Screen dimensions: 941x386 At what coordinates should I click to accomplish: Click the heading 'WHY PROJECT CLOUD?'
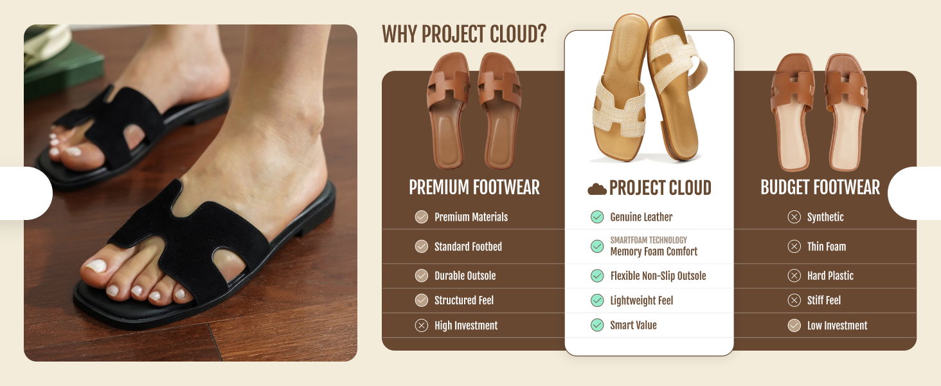click(464, 34)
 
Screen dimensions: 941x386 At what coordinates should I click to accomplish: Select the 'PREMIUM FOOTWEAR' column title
click(474, 188)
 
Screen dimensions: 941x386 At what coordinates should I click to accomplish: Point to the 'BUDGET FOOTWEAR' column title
click(820, 188)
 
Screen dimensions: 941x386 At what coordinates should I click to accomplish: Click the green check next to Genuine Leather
click(597, 217)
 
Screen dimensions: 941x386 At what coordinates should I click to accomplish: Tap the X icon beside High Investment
click(422, 326)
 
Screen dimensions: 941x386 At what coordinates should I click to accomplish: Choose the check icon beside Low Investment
click(794, 326)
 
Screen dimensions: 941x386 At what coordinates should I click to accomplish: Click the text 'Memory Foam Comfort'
click(654, 252)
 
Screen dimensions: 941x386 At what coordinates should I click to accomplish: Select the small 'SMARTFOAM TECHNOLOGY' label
click(649, 240)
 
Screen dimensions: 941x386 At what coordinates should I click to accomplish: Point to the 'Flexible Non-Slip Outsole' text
click(658, 276)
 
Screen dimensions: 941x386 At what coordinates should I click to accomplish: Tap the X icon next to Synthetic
click(794, 217)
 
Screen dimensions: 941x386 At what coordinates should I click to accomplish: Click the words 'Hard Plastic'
click(830, 276)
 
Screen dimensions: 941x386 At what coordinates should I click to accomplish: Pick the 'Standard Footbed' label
click(468, 246)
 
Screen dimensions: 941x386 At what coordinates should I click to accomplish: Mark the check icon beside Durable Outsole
click(422, 275)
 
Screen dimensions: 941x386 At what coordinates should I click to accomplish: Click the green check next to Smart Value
click(597, 325)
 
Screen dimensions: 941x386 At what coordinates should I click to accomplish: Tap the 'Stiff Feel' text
click(824, 300)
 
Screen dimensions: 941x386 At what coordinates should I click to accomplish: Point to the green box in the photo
click(63, 69)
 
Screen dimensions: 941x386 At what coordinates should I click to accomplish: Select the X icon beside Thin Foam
click(794, 246)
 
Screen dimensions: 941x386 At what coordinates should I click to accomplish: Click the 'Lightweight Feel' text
click(641, 300)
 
